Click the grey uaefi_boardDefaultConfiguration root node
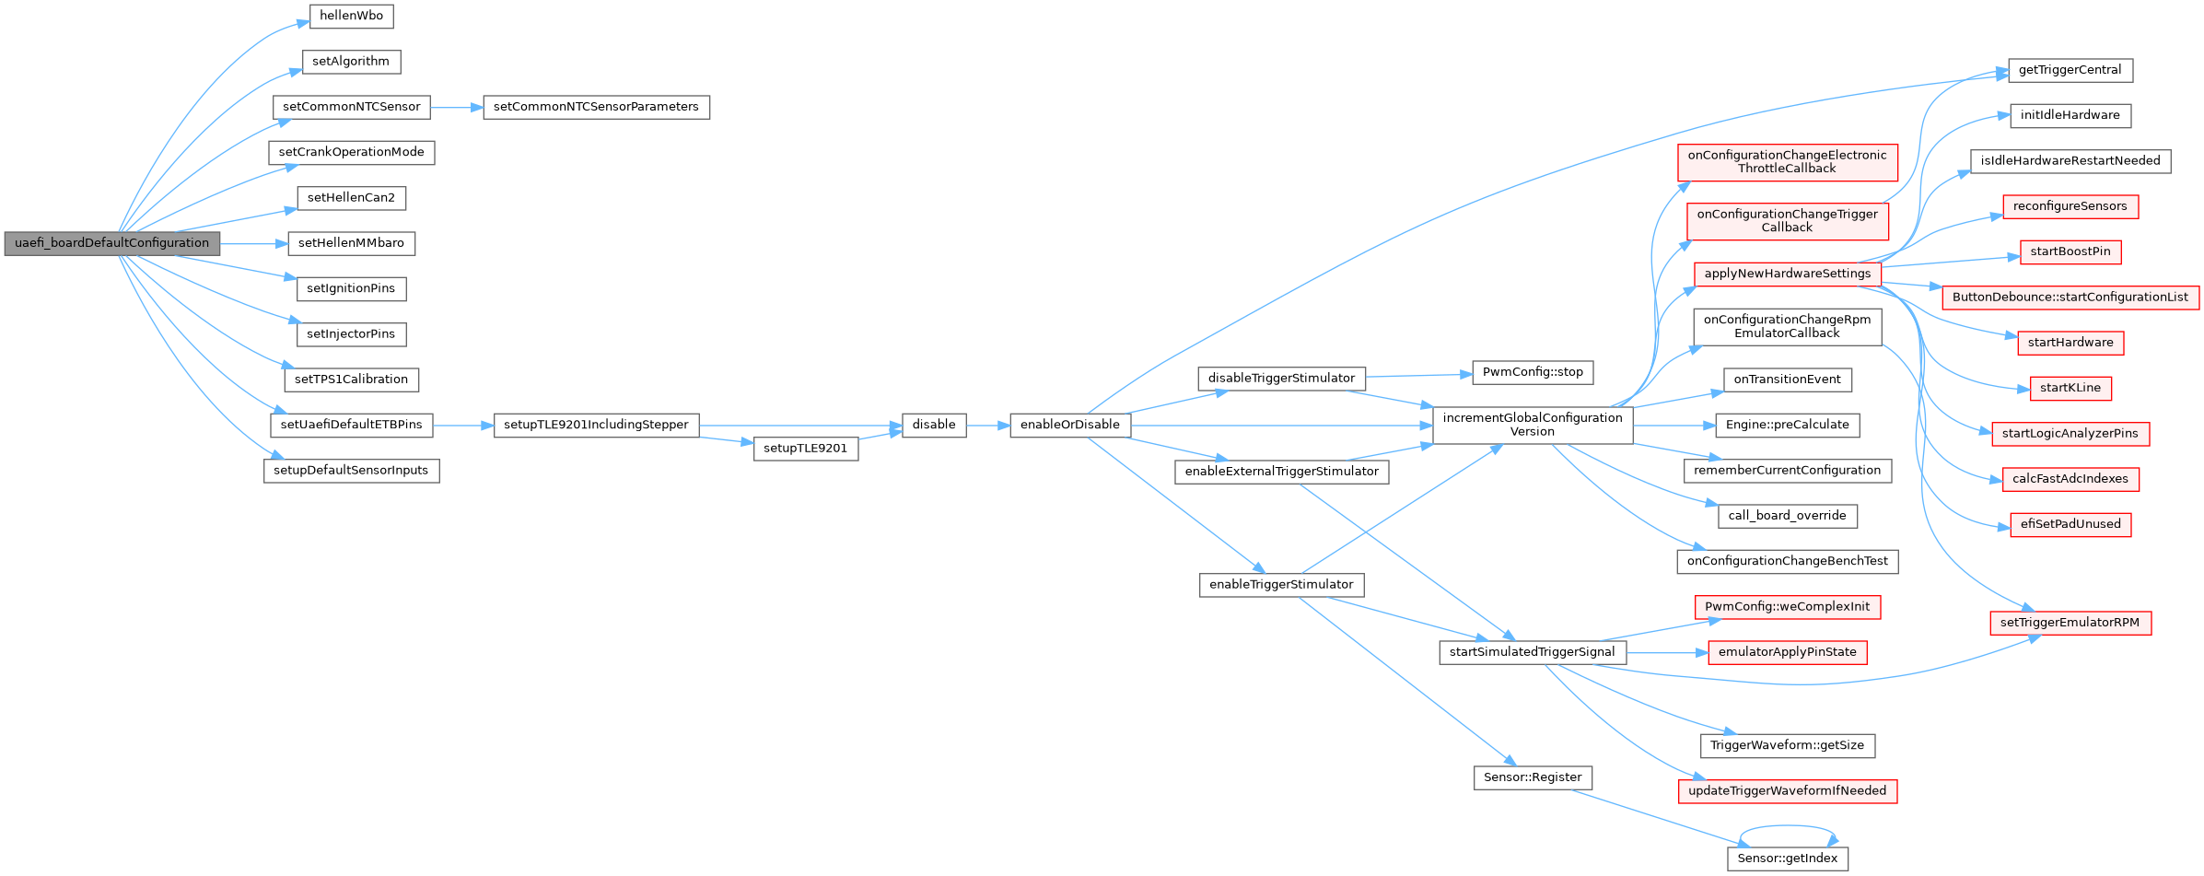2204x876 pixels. [x=111, y=243]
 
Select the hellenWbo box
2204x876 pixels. [x=351, y=16]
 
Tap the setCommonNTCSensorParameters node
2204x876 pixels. [x=596, y=107]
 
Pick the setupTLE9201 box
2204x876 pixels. [x=805, y=449]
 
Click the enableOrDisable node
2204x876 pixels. [x=1069, y=425]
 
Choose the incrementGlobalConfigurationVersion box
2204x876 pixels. [x=1532, y=425]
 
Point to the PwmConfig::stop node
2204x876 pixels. [x=1533, y=372]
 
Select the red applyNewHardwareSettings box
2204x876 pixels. [x=1787, y=274]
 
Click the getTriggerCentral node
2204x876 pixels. [x=2070, y=70]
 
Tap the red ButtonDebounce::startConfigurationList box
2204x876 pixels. [x=2070, y=298]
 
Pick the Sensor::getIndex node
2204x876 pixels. [x=1787, y=858]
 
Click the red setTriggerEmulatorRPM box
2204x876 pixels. [x=2070, y=623]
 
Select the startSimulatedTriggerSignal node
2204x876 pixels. [x=1532, y=652]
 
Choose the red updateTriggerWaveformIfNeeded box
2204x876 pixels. [x=1787, y=791]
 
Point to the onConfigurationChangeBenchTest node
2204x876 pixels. [x=1787, y=561]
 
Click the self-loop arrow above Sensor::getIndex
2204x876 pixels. [x=1787, y=826]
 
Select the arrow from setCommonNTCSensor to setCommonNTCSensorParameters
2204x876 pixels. [x=456, y=108]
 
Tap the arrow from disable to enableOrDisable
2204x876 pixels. [x=987, y=426]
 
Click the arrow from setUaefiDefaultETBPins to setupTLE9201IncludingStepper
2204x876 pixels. [x=463, y=426]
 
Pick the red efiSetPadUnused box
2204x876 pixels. [x=2070, y=524]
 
